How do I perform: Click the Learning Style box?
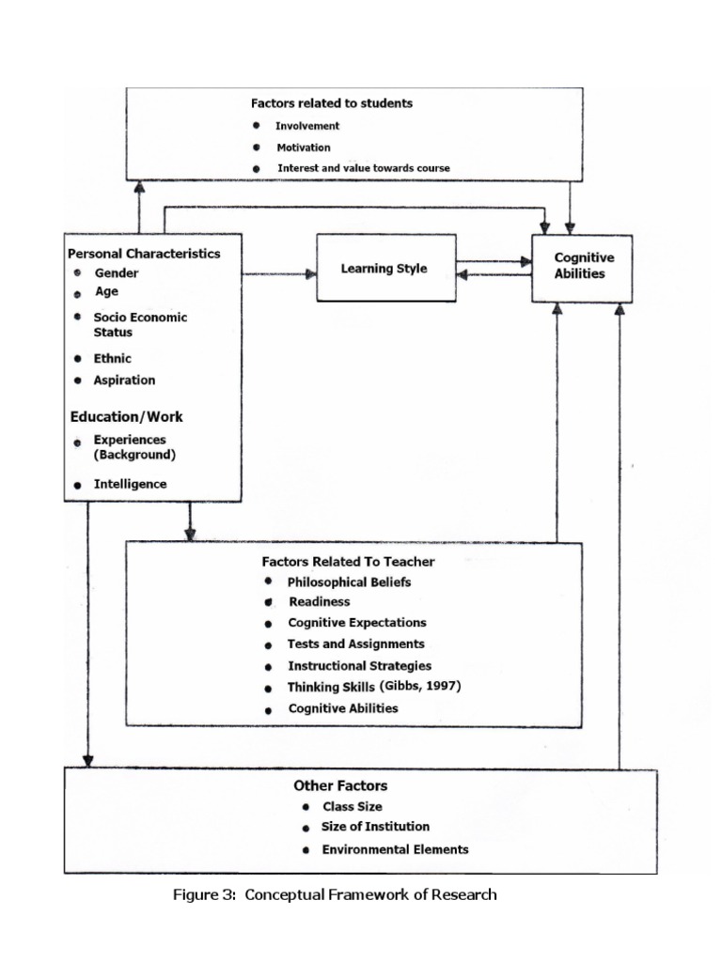coord(385,269)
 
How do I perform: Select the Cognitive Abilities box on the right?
coord(582,267)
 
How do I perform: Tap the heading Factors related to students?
coord(332,102)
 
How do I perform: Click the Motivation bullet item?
coord(303,147)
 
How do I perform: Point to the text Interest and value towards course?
coord(363,168)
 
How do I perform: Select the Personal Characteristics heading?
coord(144,254)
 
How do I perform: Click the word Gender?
coord(117,273)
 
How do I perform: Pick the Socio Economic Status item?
coord(139,325)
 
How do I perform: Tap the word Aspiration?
coord(124,380)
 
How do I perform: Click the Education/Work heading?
coord(127,416)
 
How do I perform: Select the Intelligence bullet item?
coord(130,484)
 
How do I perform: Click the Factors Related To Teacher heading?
coord(348,561)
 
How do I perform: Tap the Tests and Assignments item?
coord(355,644)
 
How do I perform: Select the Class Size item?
coord(352,806)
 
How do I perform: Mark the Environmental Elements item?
coord(395,849)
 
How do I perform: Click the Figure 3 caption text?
coord(335,894)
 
